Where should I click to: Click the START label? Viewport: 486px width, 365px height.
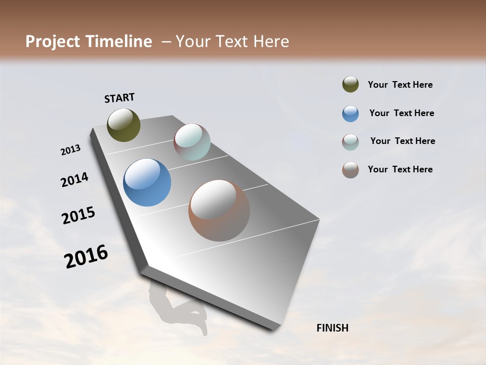(x=119, y=98)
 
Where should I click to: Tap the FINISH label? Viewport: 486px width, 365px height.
(x=332, y=328)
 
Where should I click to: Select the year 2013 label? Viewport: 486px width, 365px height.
(x=70, y=150)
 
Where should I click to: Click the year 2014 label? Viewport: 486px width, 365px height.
(x=74, y=179)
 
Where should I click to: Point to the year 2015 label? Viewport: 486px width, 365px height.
(x=78, y=215)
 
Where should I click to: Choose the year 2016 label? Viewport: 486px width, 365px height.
(x=86, y=257)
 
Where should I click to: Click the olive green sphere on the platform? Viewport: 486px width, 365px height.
(x=124, y=125)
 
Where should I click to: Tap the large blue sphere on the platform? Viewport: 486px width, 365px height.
(x=147, y=182)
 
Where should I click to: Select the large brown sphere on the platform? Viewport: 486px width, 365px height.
(x=219, y=210)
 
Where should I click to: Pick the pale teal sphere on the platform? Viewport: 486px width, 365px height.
(x=192, y=142)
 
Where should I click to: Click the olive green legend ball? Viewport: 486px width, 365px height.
(x=350, y=85)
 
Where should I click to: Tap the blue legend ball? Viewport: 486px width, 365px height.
(x=350, y=114)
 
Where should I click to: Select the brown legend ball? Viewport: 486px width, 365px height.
(x=350, y=170)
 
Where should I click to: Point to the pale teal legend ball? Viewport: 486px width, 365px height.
(x=350, y=142)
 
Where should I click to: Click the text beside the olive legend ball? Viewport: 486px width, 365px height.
(x=400, y=85)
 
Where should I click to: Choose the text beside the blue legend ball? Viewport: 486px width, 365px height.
(x=401, y=113)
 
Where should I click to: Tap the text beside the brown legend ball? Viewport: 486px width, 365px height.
(x=400, y=169)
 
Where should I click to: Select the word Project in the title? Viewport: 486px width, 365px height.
(x=52, y=42)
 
